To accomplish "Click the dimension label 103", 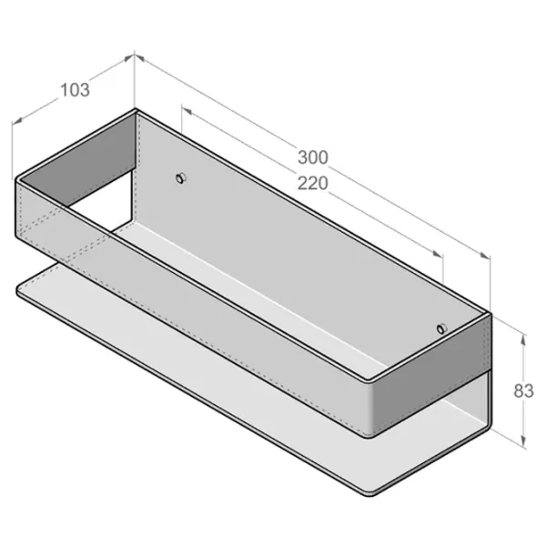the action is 75,89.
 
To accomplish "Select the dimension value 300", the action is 313,157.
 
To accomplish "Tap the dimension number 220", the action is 313,183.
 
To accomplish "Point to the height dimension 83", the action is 523,390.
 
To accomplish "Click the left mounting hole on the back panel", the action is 181,178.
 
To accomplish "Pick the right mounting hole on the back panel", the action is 442,329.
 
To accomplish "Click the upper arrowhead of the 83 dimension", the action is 523,339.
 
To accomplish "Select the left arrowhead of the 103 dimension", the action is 17,120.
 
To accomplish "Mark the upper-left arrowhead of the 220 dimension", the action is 187,111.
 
